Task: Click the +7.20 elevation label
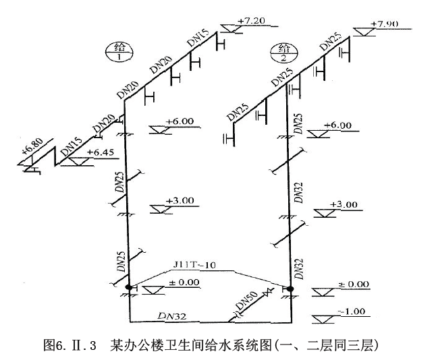pyautogui.click(x=251, y=21)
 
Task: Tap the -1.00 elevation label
pyautogui.click(x=353, y=311)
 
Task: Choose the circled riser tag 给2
pyautogui.click(x=279, y=51)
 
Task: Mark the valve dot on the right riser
pyautogui.click(x=290, y=289)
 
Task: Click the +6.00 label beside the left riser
pyautogui.click(x=181, y=121)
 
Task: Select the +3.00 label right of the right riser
pyautogui.click(x=344, y=204)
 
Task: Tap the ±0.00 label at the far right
pyautogui.click(x=353, y=284)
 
